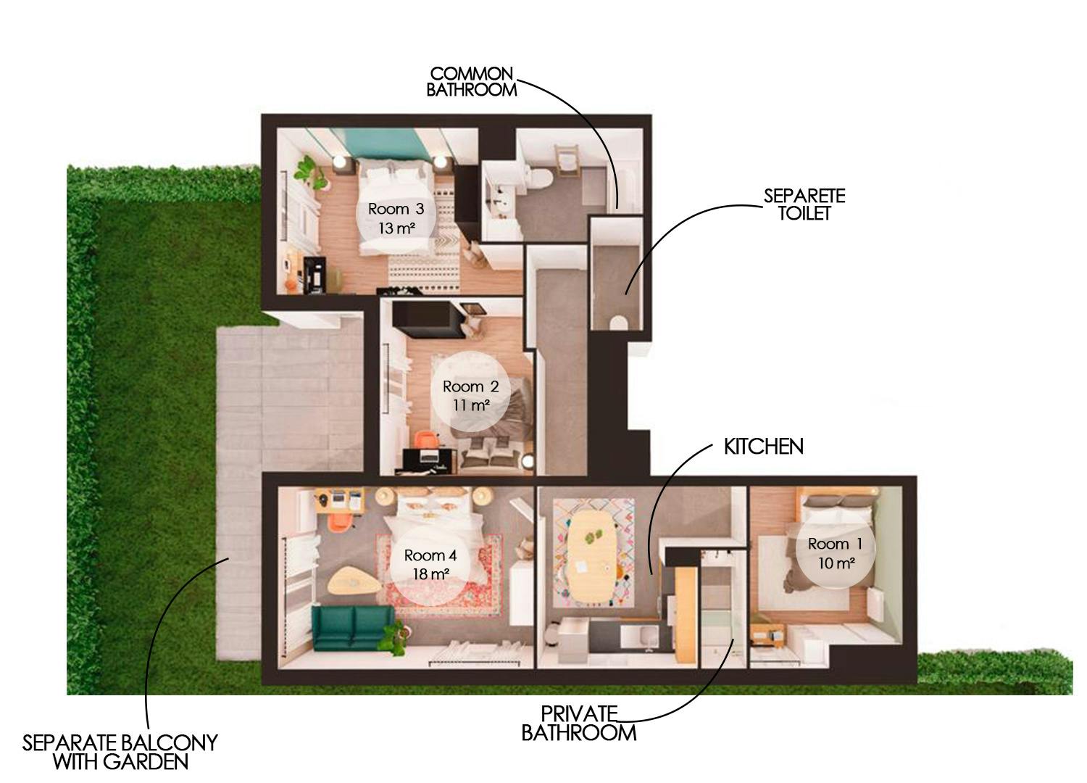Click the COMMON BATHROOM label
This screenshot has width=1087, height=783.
click(471, 82)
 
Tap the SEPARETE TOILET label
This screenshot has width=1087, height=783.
click(804, 204)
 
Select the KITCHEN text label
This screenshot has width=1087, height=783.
click(763, 447)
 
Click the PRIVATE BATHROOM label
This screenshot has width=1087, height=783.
click(578, 724)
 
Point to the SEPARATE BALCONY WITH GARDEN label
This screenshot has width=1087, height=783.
click(120, 752)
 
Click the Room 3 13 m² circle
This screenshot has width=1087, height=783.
click(396, 218)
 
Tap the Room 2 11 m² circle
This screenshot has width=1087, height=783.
click(471, 396)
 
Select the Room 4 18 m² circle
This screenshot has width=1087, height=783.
click(430, 565)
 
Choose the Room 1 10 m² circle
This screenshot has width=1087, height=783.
click(835, 552)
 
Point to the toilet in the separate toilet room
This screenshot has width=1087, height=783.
click(618, 321)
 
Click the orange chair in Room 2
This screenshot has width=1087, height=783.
click(427, 439)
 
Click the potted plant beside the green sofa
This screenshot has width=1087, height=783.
click(394, 636)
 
